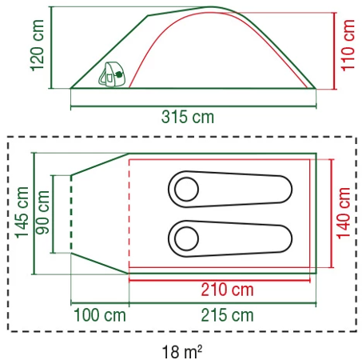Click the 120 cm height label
click(x=38, y=46)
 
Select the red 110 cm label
click(x=348, y=46)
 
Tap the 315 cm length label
click(x=188, y=117)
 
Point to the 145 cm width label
click(x=22, y=213)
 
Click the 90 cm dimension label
click(x=42, y=213)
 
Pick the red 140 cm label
click(x=343, y=213)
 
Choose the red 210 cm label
click(x=227, y=290)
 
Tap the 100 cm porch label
click(x=100, y=315)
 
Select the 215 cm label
click(x=227, y=315)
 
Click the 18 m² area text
click(x=182, y=352)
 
